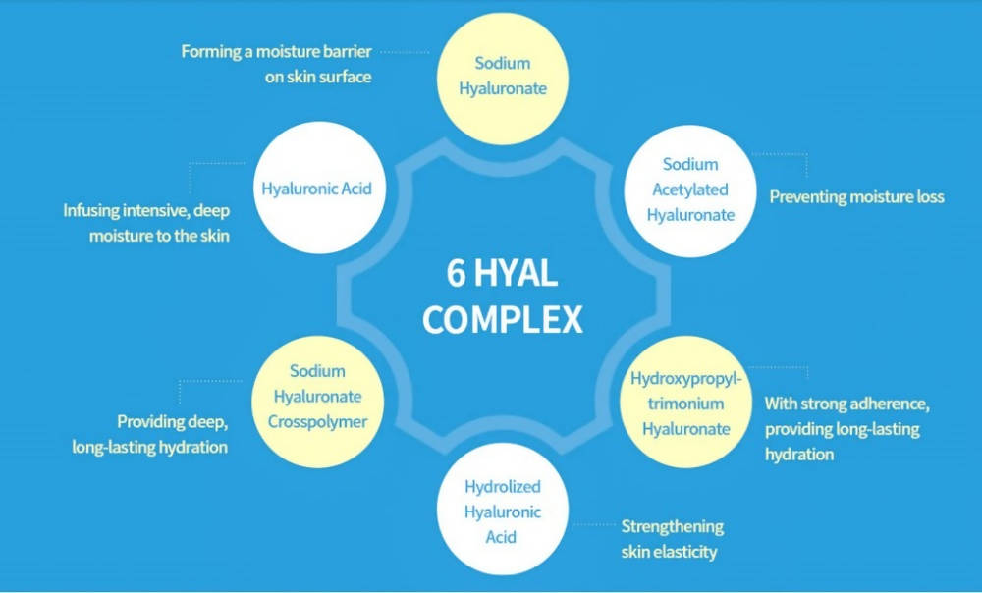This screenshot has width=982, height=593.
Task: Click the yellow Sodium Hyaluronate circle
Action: coord(502,77)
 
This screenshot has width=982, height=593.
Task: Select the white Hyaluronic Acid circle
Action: coord(316,188)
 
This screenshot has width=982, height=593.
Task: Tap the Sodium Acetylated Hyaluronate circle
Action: coord(690,190)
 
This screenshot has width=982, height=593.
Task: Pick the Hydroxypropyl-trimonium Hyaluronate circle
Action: coord(686,403)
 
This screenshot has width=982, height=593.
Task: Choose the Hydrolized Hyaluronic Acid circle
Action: coord(502,512)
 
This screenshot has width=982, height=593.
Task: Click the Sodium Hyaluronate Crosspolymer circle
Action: coord(317,398)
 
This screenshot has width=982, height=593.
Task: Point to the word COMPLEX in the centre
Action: coord(503,320)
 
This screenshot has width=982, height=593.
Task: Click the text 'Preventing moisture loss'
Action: coord(856,197)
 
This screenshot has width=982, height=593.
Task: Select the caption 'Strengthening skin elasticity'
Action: coord(672,539)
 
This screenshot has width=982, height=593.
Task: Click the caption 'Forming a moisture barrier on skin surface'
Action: coord(277,64)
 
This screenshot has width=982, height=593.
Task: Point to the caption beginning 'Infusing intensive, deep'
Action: coord(147,223)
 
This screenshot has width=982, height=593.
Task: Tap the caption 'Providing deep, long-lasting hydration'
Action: coord(150,434)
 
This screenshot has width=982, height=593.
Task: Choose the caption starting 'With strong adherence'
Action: coord(846,429)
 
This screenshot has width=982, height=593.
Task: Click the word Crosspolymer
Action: coord(317,422)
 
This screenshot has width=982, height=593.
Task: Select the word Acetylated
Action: coord(690,190)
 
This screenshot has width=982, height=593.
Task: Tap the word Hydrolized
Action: coord(502,487)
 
